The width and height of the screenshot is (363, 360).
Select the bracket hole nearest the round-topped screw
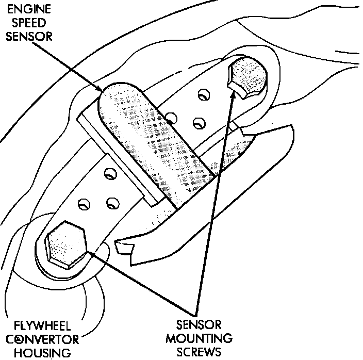[204, 95]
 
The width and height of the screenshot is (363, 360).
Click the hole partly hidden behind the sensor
[173, 119]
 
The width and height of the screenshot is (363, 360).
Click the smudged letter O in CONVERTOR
[20, 339]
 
